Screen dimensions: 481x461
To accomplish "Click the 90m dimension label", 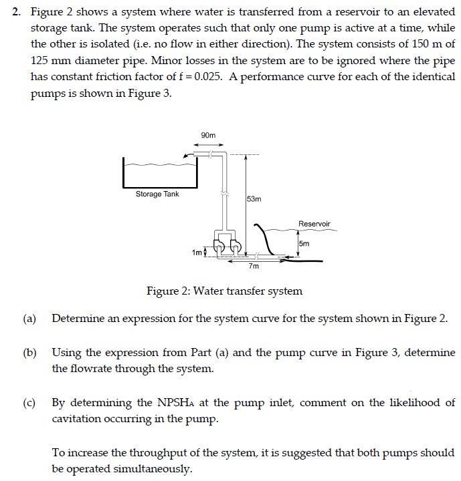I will [x=208, y=136].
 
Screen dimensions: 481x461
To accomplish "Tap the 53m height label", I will [x=254, y=199].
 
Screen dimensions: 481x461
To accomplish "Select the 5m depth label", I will [x=304, y=244].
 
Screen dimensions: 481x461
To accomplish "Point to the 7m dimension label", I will [x=253, y=267].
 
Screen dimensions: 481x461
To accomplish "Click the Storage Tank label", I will [x=157, y=194].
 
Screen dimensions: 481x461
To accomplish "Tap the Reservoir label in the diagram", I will [x=314, y=224].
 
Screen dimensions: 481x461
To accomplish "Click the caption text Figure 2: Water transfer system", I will [x=224, y=291].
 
